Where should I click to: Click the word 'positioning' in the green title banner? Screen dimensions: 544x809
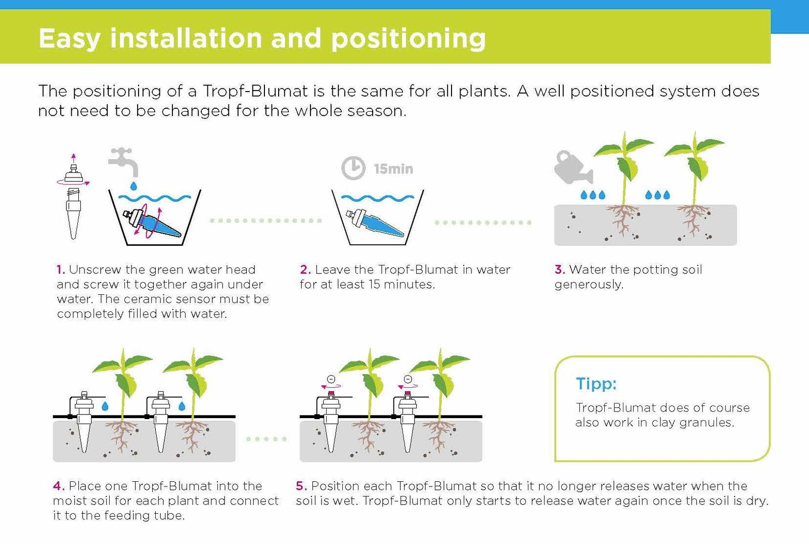[x=408, y=38]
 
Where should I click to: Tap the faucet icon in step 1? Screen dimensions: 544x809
[x=123, y=161]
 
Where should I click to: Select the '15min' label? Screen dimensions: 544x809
[x=393, y=169]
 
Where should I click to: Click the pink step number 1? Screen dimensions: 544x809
[x=61, y=269]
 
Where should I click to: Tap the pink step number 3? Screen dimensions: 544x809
[x=559, y=269]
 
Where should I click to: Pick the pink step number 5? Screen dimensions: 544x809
[x=301, y=486]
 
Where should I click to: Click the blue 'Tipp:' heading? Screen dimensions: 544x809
[x=596, y=384]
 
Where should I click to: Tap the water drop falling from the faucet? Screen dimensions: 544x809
[x=133, y=186]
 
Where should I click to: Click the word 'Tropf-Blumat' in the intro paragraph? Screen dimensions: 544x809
[x=255, y=92]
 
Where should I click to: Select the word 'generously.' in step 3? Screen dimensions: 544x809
[x=589, y=285]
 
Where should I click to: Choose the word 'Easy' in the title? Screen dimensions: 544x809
[x=69, y=38]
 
